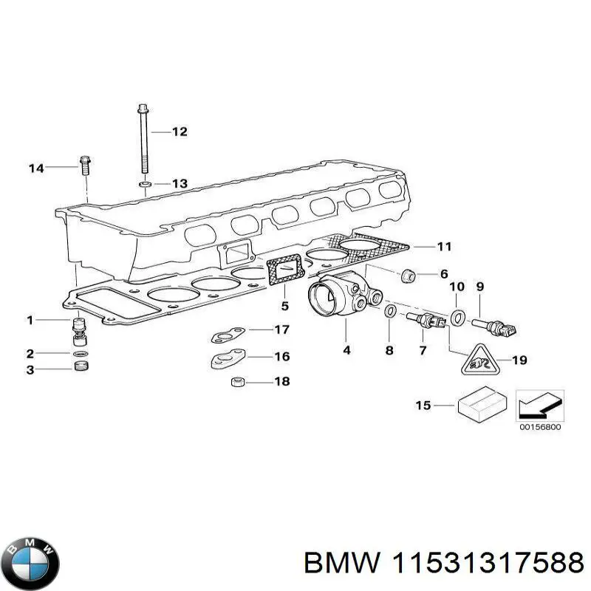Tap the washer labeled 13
pyautogui.click(x=145, y=183)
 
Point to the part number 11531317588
pyautogui.click(x=488, y=563)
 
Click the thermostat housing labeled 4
pyautogui.click(x=337, y=303)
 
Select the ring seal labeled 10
pyautogui.click(x=458, y=318)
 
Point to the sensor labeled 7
pyautogui.click(x=424, y=321)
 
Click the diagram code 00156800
pyautogui.click(x=539, y=426)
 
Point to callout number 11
pyautogui.click(x=443, y=247)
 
